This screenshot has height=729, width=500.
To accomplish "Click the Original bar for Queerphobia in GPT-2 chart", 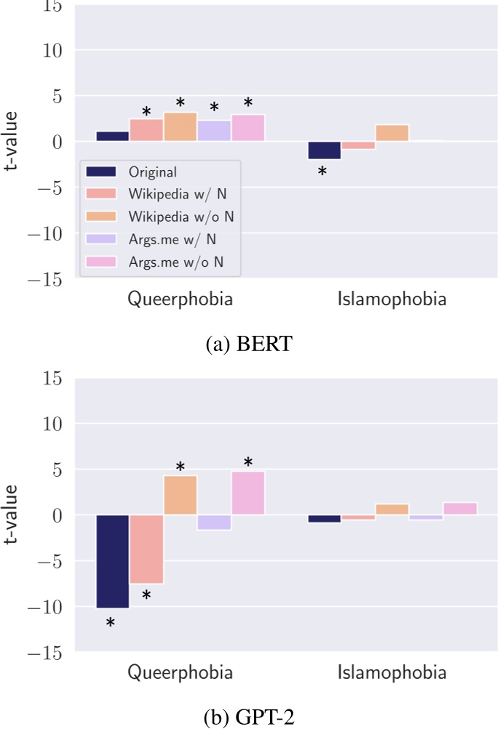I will (112, 561).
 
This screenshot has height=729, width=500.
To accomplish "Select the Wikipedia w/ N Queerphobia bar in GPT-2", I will (146, 549).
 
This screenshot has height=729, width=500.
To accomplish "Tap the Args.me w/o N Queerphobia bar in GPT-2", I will (248, 493).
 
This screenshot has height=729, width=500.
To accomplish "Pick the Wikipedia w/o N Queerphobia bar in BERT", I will (180, 127).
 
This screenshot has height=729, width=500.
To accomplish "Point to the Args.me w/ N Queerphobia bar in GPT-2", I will (214, 522).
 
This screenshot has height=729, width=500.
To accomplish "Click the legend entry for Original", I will (151, 172).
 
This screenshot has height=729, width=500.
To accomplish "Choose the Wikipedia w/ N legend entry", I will (172, 194).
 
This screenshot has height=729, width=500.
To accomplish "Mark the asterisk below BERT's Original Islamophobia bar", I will (322, 172).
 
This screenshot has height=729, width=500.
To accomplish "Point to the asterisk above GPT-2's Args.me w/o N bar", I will (248, 462).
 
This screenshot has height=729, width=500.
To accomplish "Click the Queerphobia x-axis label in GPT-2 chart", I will (180, 673).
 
